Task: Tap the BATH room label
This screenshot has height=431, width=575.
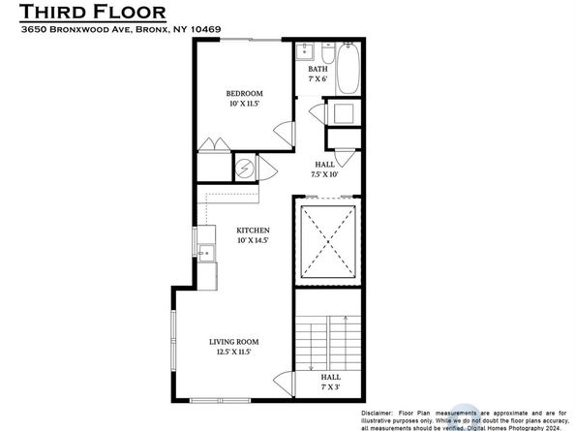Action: tap(318, 69)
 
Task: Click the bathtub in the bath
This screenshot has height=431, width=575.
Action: tap(349, 67)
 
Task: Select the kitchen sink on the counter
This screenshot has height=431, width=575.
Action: tap(204, 255)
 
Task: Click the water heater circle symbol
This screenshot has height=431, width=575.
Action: tap(246, 169)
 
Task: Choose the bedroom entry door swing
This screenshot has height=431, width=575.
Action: tap(281, 130)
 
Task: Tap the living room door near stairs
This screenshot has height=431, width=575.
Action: tap(282, 383)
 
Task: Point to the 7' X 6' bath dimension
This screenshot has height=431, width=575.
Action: tap(318, 79)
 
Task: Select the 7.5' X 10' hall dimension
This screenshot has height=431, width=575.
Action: tap(324, 175)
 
